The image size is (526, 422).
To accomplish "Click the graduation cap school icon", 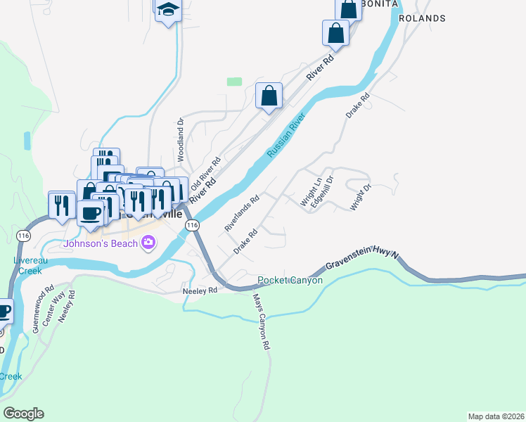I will [168, 10].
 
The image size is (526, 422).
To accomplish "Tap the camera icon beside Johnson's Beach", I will [148, 243].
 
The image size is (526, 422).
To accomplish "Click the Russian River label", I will [285, 136].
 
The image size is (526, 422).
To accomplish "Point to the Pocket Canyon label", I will [290, 281].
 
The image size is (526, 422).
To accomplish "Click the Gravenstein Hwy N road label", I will [362, 261].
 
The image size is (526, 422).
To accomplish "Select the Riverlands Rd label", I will [242, 213].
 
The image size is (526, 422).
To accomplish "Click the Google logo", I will [23, 414].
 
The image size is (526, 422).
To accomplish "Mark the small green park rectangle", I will [234, 82].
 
